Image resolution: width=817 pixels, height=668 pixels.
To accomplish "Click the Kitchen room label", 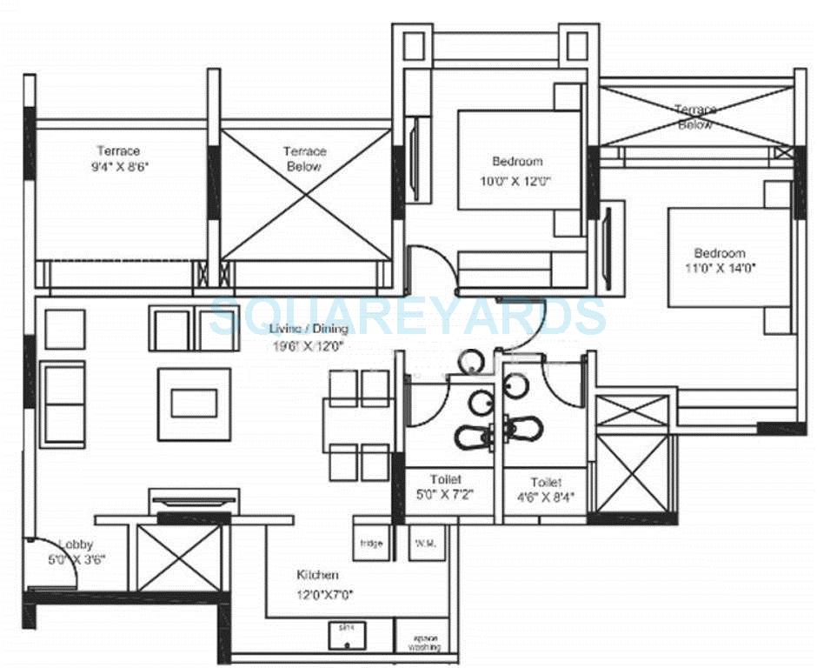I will click(x=317, y=575).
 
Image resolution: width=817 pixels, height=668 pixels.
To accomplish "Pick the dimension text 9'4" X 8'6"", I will click(x=117, y=167).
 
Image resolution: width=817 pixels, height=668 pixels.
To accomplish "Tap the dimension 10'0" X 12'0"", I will click(x=517, y=181).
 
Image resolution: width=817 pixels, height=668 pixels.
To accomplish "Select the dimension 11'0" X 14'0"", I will click(x=720, y=269).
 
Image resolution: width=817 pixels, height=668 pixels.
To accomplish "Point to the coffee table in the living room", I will click(x=194, y=404).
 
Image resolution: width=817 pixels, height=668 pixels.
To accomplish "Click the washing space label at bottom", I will click(x=425, y=642).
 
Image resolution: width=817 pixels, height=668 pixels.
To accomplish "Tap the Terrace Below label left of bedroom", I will click(x=303, y=158).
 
